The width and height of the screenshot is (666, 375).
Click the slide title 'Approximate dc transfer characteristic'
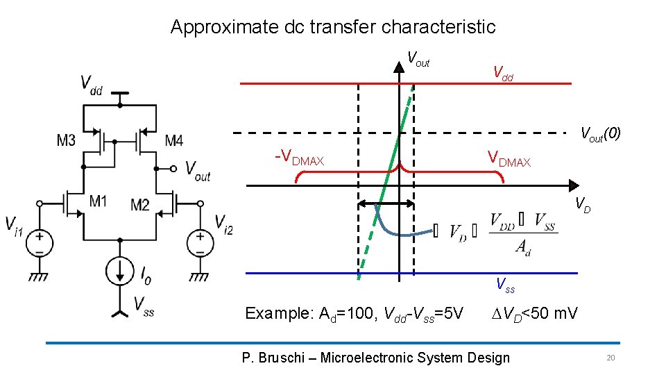click(x=333, y=27)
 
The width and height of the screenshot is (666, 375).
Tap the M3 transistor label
click(x=67, y=141)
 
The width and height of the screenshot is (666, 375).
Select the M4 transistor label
click(x=174, y=141)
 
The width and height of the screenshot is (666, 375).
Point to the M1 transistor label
click(x=98, y=202)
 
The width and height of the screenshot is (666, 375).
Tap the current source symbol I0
click(x=120, y=269)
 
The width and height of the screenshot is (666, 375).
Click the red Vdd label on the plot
click(x=503, y=72)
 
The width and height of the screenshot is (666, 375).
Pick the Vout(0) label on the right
click(x=600, y=133)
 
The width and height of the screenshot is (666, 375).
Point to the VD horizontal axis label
click(x=583, y=205)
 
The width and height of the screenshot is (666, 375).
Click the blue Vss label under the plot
click(x=505, y=284)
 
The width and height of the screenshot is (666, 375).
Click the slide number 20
click(x=610, y=358)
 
